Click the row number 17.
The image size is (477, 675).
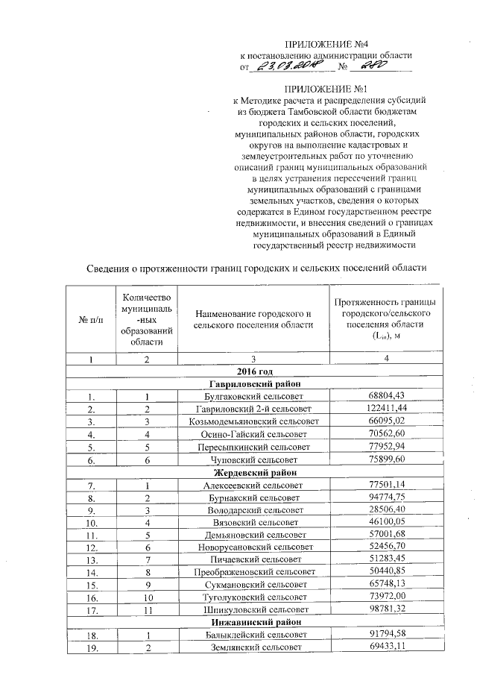pos(92,609)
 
